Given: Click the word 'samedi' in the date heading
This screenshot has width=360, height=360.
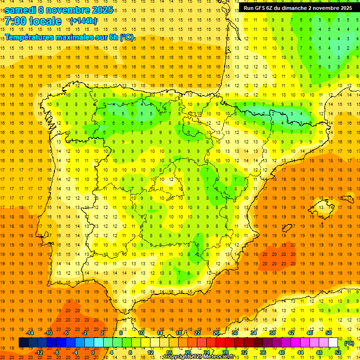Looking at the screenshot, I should (22, 10).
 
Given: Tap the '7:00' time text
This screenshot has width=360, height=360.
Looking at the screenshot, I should (15, 21).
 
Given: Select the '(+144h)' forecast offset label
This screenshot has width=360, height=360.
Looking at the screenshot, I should (83, 21).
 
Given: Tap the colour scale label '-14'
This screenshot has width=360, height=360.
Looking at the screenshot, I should (30, 332).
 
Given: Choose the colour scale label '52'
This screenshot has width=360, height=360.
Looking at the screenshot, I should (338, 352).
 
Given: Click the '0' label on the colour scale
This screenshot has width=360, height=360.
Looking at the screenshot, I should (93, 352).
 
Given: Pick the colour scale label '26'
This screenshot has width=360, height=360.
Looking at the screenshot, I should (216, 332).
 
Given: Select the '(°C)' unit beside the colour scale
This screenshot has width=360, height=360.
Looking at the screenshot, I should (349, 343).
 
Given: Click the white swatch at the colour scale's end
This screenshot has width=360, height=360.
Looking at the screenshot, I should (333, 343).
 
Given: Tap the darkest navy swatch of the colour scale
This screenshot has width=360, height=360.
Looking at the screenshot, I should (23, 343).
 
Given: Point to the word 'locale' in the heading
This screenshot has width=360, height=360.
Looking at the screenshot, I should (45, 21).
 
